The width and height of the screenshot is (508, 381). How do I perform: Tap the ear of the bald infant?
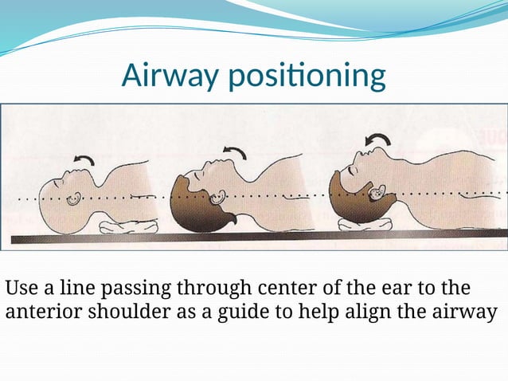tap(73, 197)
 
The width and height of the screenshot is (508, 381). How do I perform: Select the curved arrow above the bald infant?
tap(84, 159)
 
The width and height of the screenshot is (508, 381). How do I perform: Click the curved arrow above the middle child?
tap(234, 151)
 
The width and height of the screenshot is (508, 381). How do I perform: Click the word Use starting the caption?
tap(20, 287)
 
